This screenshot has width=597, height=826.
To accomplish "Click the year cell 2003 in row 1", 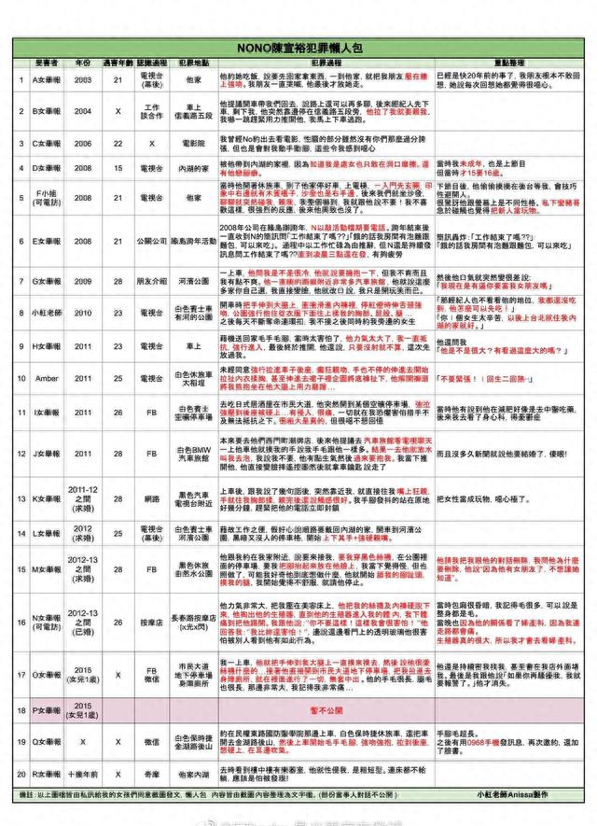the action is click(83, 81).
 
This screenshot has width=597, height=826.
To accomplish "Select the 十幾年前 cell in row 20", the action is click(83, 774).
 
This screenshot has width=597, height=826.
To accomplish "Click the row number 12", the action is click(21, 454).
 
